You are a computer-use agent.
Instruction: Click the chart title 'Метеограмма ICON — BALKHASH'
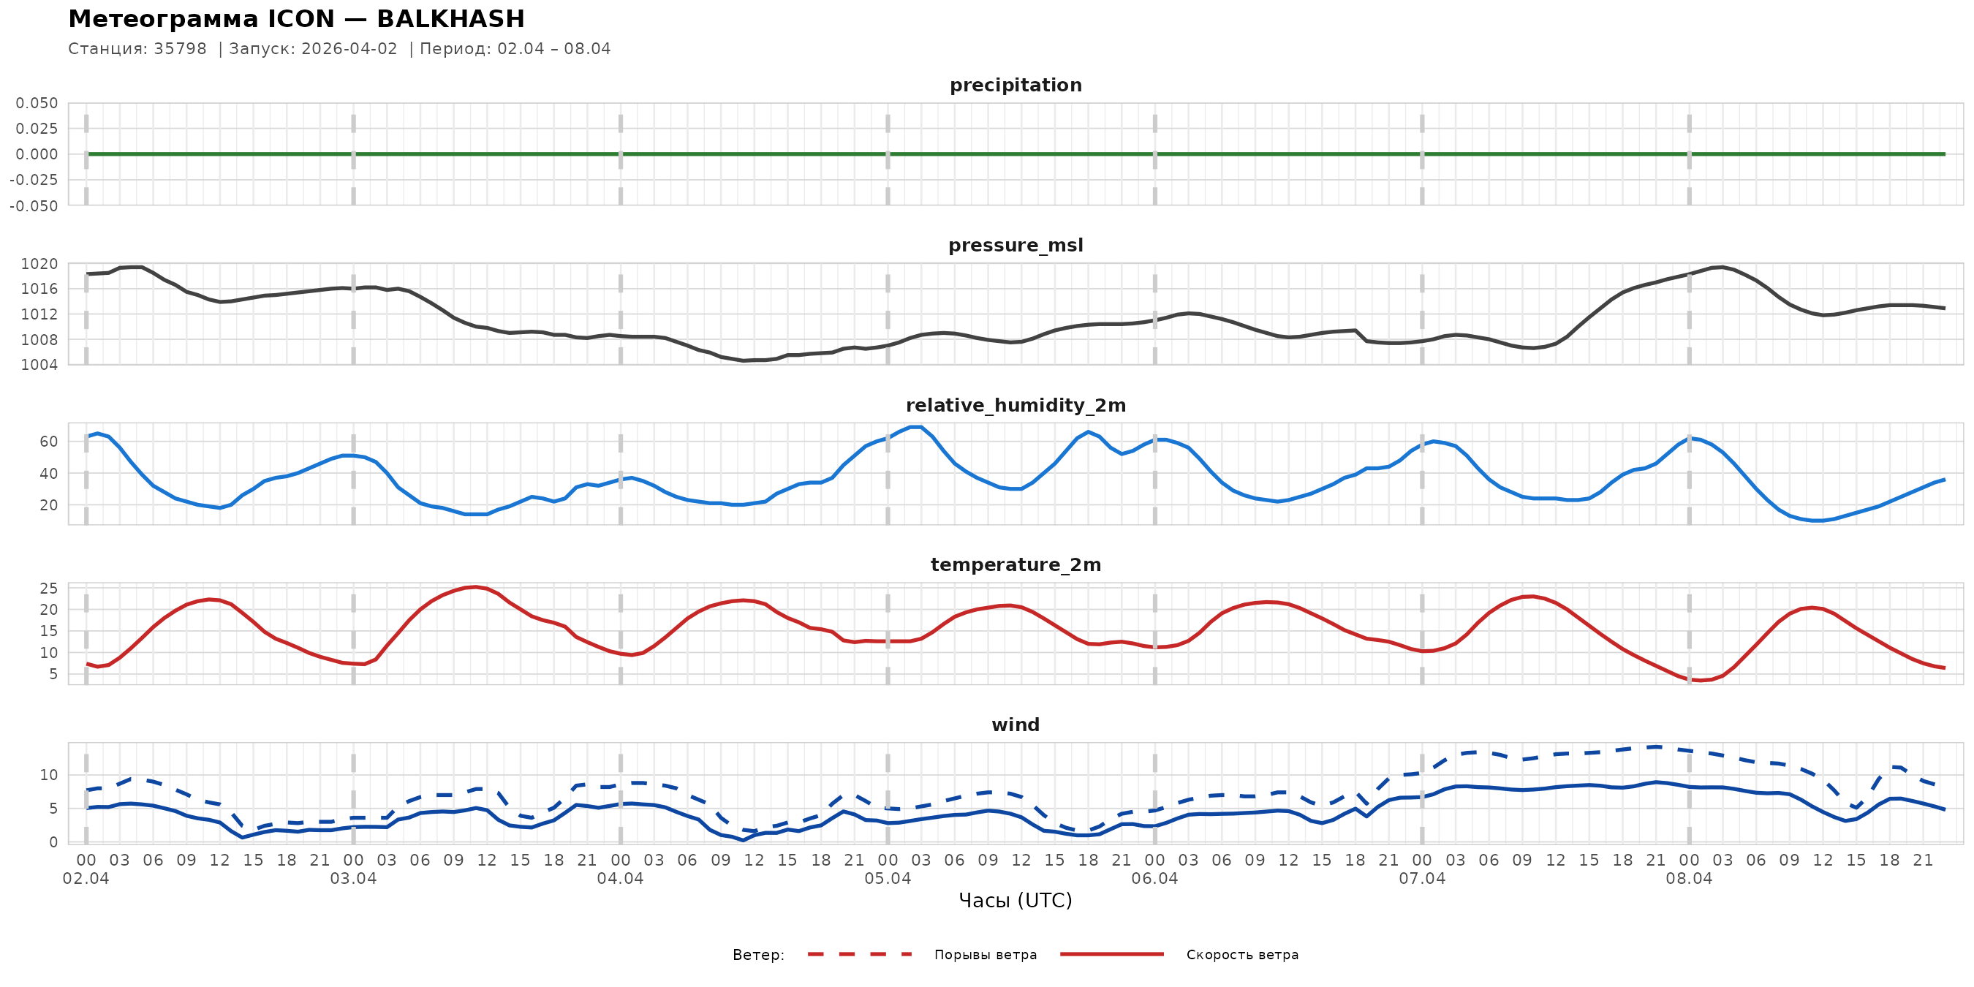click(297, 19)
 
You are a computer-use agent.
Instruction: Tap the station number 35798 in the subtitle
click(180, 49)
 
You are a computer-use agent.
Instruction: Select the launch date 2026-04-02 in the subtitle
click(349, 49)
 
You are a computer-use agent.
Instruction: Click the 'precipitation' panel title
click(1016, 85)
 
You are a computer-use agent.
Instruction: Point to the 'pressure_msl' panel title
click(1016, 245)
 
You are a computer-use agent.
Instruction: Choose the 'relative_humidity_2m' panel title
click(1016, 405)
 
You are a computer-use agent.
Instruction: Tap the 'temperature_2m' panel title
click(1016, 564)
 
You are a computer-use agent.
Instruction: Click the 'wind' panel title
click(1016, 725)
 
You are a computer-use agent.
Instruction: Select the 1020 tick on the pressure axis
click(39, 265)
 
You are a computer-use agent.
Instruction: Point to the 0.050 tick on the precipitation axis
click(37, 103)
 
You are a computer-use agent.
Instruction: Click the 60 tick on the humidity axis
click(48, 442)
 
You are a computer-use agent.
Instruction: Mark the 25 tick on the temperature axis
click(48, 589)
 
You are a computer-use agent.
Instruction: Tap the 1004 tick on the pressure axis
click(39, 365)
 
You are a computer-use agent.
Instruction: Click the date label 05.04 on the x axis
click(888, 879)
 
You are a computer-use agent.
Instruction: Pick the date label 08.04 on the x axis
click(1689, 879)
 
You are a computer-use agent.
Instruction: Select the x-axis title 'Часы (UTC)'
click(1016, 901)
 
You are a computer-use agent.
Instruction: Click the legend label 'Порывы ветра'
click(986, 955)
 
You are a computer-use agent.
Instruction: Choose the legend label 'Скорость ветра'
click(1242, 955)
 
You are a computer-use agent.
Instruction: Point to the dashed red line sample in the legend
click(859, 955)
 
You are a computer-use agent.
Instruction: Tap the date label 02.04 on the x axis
click(86, 879)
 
